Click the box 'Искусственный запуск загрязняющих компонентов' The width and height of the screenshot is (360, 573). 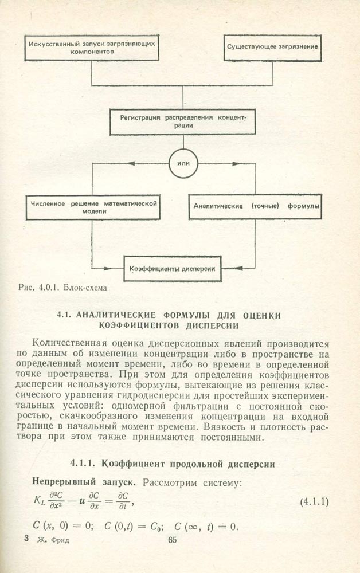pos(92,48)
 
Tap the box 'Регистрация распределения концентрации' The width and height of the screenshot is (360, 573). pos(182,121)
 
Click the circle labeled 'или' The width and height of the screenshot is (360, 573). pos(183,163)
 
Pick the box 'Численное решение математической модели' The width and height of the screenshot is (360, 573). pos(92,207)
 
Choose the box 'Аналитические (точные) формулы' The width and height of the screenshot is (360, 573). pos(256,206)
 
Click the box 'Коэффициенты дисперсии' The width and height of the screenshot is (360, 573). pos(173,268)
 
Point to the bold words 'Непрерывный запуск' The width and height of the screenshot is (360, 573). pos(72,483)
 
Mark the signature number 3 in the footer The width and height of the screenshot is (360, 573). pos(26,540)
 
